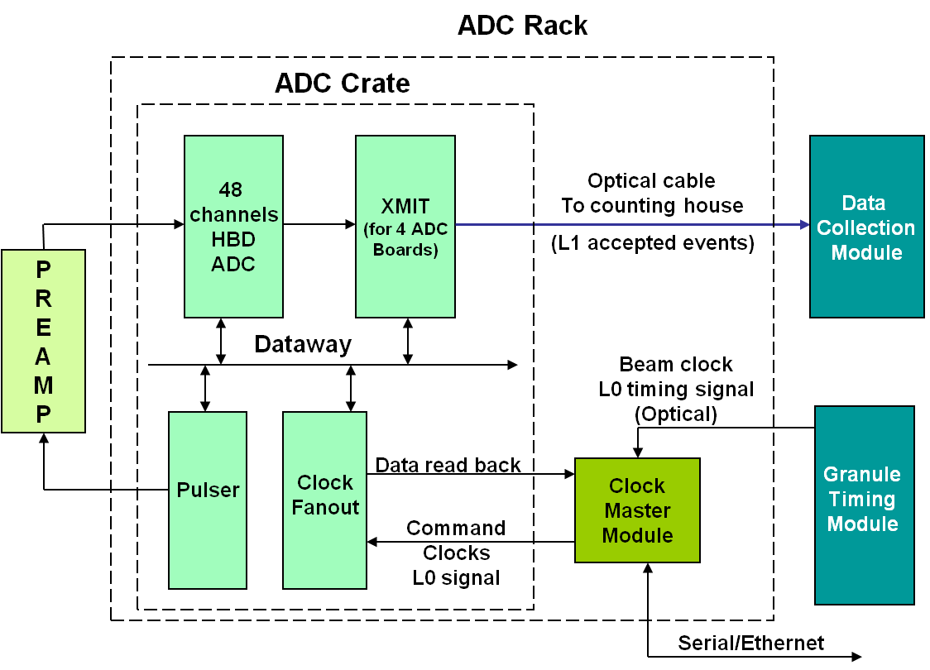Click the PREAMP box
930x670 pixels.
click(x=43, y=341)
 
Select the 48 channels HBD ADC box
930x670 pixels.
click(x=233, y=227)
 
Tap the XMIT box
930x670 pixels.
click(x=405, y=227)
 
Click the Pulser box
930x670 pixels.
click(x=208, y=500)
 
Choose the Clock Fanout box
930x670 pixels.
click(x=324, y=500)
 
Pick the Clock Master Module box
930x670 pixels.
click(x=637, y=510)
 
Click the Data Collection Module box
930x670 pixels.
click(x=866, y=227)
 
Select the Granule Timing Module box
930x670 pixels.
click(x=864, y=505)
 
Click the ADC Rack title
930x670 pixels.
click(x=522, y=26)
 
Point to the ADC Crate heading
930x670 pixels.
click(x=342, y=84)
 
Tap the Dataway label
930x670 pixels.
click(x=303, y=344)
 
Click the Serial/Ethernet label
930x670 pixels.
click(x=750, y=643)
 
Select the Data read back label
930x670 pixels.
click(x=448, y=465)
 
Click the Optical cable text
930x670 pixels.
click(x=651, y=181)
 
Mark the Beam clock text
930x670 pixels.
click(x=676, y=364)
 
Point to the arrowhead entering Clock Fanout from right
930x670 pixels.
click(x=373, y=542)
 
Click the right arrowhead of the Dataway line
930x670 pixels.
click(x=512, y=364)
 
